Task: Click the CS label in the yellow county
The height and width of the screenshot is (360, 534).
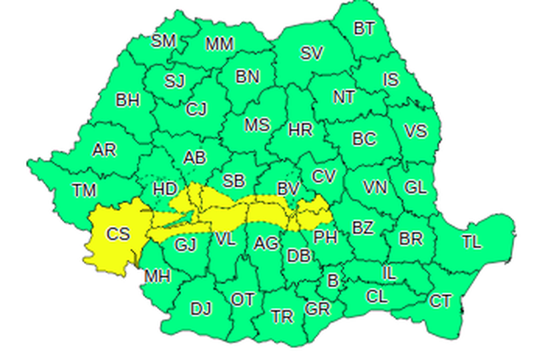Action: point(119,234)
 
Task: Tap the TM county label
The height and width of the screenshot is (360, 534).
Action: point(85,191)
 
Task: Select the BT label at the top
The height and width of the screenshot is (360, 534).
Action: point(364,28)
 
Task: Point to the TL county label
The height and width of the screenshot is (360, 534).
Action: point(471,242)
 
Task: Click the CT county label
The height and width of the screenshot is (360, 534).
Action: point(440,301)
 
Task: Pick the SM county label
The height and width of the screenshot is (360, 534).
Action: point(163,41)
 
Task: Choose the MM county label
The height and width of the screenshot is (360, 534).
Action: point(220,45)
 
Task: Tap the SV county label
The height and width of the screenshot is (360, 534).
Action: point(311,54)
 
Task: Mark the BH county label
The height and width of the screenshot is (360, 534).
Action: point(127,101)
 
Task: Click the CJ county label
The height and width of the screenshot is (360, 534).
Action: point(197,109)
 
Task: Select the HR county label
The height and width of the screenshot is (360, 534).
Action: point(300,130)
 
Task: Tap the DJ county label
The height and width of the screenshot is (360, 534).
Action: point(201,309)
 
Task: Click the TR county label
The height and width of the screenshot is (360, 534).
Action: point(282,317)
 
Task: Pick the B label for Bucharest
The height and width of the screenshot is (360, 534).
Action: point(332,281)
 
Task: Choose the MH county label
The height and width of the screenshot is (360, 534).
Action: point(158,276)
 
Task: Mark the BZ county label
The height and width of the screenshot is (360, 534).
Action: point(362,228)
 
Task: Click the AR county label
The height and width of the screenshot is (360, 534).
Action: point(104,150)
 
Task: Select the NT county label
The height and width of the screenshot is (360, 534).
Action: point(344,98)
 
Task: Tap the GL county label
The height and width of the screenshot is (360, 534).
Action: point(415,188)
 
